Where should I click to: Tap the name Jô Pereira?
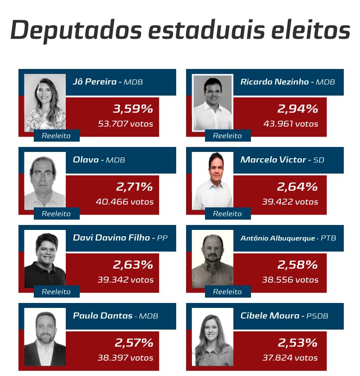click(x=95, y=82)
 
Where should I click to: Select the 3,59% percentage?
click(x=132, y=109)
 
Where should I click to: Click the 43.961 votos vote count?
click(x=291, y=124)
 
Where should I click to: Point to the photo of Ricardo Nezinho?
click(x=212, y=102)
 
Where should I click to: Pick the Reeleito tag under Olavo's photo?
click(x=56, y=214)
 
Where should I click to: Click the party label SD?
click(x=319, y=160)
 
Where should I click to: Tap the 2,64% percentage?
click(x=297, y=187)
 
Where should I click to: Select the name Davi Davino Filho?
click(x=111, y=238)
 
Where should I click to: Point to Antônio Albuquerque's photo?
click(x=212, y=259)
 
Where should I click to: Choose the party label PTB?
click(x=328, y=238)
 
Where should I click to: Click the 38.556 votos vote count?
click(x=290, y=280)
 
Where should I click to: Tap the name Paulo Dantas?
click(x=102, y=316)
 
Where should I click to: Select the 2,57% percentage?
click(x=133, y=343)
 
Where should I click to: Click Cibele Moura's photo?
click(x=212, y=337)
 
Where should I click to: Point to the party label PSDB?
click(x=317, y=316)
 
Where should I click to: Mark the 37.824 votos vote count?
click(x=290, y=358)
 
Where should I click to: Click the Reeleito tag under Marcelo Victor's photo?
click(x=228, y=214)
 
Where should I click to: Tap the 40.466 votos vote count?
click(x=124, y=202)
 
